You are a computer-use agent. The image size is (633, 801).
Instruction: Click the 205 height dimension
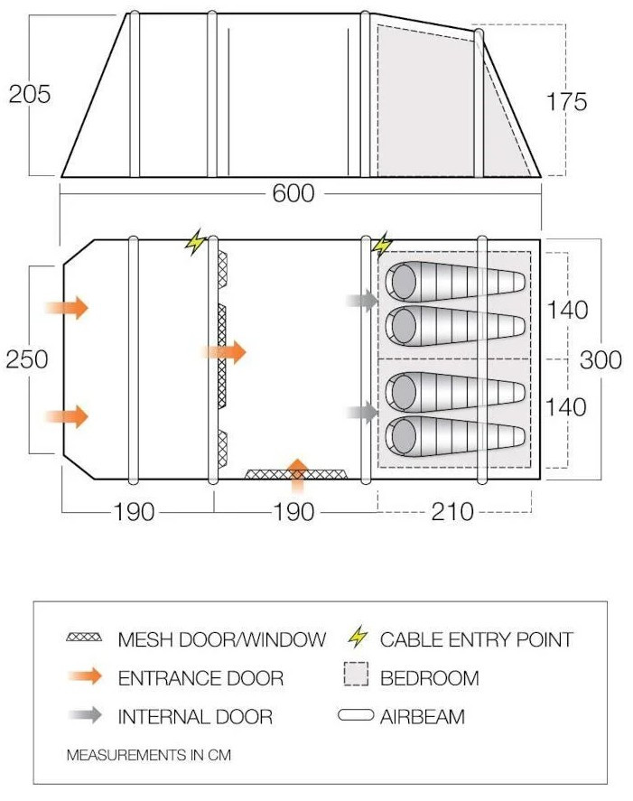click(30, 94)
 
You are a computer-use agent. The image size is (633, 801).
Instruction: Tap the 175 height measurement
click(566, 101)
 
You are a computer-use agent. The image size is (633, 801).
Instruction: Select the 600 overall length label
click(293, 193)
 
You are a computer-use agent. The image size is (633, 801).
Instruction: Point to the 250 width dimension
click(27, 359)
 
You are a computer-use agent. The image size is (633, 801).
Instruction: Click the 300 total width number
click(600, 359)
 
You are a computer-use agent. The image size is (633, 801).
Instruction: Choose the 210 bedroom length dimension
click(452, 511)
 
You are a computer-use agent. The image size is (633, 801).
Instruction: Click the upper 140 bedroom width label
click(567, 310)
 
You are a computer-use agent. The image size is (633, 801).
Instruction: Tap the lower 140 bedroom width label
click(566, 406)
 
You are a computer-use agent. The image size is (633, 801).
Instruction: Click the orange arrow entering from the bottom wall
click(297, 476)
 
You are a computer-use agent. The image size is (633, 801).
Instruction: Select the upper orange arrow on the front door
click(67, 308)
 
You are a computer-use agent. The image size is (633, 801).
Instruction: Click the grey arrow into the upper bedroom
click(362, 300)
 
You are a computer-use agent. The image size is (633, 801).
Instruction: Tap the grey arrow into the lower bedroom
click(362, 412)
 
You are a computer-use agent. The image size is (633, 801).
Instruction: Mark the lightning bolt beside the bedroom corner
click(382, 245)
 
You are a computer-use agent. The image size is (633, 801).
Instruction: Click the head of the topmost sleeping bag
click(402, 281)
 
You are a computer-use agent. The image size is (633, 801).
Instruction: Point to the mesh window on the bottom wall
click(297, 475)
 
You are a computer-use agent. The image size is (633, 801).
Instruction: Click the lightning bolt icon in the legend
click(357, 637)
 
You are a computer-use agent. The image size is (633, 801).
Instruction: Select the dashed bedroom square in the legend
click(356, 674)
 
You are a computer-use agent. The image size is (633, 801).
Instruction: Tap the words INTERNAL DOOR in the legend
click(195, 717)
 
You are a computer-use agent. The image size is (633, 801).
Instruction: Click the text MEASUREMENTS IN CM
click(149, 755)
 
